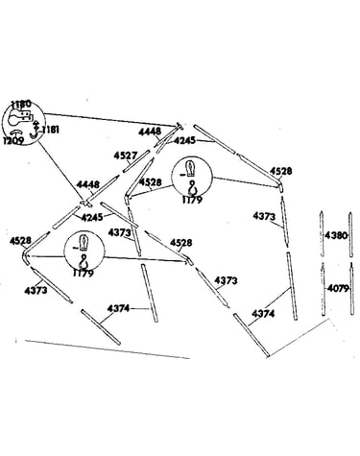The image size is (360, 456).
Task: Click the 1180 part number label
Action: [x=21, y=104]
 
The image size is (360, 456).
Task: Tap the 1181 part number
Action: [x=49, y=130]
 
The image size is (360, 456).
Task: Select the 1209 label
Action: [x=13, y=141]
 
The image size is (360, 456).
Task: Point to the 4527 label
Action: [x=126, y=156]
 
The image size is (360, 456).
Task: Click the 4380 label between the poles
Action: [x=336, y=235]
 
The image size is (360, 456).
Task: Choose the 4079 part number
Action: [x=338, y=289]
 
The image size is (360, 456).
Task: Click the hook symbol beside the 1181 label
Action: [x=34, y=131]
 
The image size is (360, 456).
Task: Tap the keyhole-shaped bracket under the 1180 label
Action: [x=19, y=119]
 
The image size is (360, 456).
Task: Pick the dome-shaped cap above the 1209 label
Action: [x=14, y=132]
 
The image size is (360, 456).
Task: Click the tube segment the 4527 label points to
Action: [x=137, y=160]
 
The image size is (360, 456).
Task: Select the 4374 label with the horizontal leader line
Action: [x=118, y=308]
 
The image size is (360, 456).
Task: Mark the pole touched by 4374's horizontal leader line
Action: [x=149, y=293]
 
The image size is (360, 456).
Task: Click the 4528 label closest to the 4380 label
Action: [x=281, y=171]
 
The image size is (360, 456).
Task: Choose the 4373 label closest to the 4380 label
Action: [x=264, y=216]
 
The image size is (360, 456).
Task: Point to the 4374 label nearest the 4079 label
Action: [x=263, y=314]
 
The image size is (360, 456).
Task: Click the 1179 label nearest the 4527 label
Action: [x=192, y=200]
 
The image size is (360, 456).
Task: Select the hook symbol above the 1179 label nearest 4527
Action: [x=192, y=188]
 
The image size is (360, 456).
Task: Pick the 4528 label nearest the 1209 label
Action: [x=20, y=241]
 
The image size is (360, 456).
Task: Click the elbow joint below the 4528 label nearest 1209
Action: [x=26, y=257]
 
